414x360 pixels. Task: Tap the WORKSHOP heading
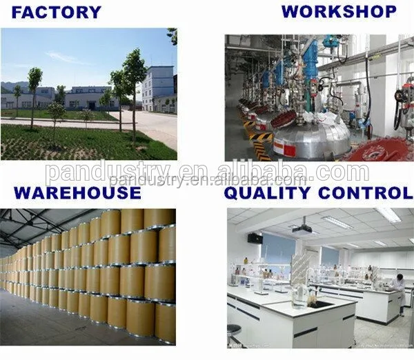[x=339, y=11]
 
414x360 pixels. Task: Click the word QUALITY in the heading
[x=268, y=192]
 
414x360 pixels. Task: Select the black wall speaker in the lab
[x=255, y=238]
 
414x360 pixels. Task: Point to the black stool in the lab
[x=235, y=332]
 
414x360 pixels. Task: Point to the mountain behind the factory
[x=10, y=86]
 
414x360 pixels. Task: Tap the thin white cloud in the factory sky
[x=66, y=58]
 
